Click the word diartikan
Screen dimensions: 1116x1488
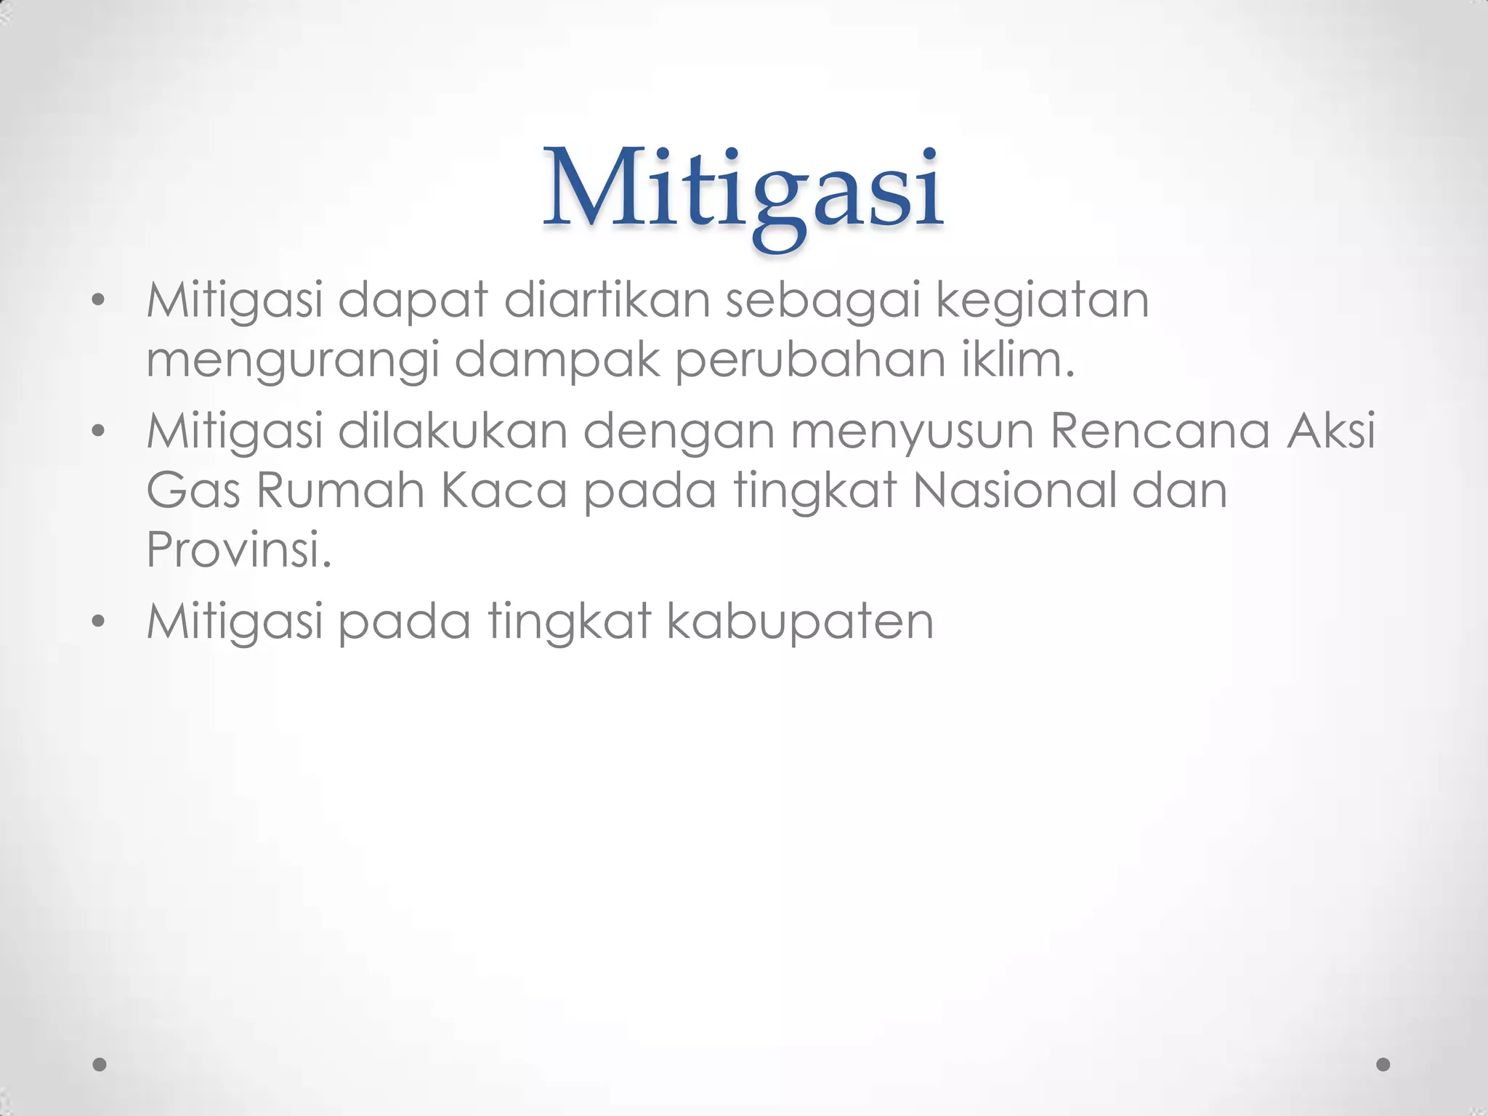(x=607, y=301)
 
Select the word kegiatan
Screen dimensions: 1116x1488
(x=1042, y=301)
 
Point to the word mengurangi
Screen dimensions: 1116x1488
(x=292, y=361)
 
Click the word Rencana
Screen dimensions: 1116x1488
(x=1160, y=431)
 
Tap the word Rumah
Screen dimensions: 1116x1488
(x=340, y=490)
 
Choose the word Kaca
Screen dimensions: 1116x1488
(x=504, y=490)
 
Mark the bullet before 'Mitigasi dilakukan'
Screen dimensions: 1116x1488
(x=99, y=432)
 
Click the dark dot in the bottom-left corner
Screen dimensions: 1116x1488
(x=100, y=1064)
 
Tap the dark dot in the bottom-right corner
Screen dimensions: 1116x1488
(x=1383, y=1064)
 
